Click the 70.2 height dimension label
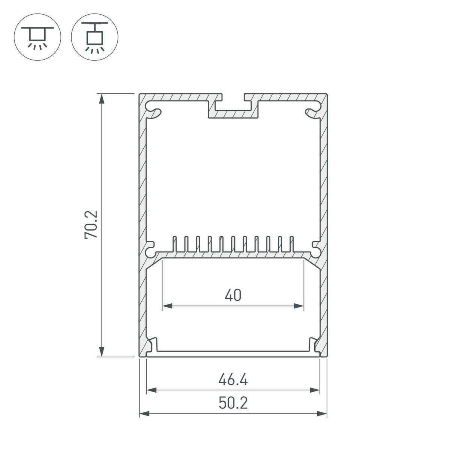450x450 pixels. pyautogui.click(x=91, y=225)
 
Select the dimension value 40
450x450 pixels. pyautogui.click(x=233, y=295)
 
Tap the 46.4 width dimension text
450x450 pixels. pyautogui.click(x=233, y=380)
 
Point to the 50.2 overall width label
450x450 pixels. pyautogui.click(x=233, y=403)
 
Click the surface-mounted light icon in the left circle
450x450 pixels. pyautogui.click(x=37, y=38)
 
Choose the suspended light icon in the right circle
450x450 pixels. pyautogui.click(x=94, y=38)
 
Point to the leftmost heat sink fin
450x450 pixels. pyautogui.click(x=174, y=244)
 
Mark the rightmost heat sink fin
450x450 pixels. pyautogui.click(x=291, y=244)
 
